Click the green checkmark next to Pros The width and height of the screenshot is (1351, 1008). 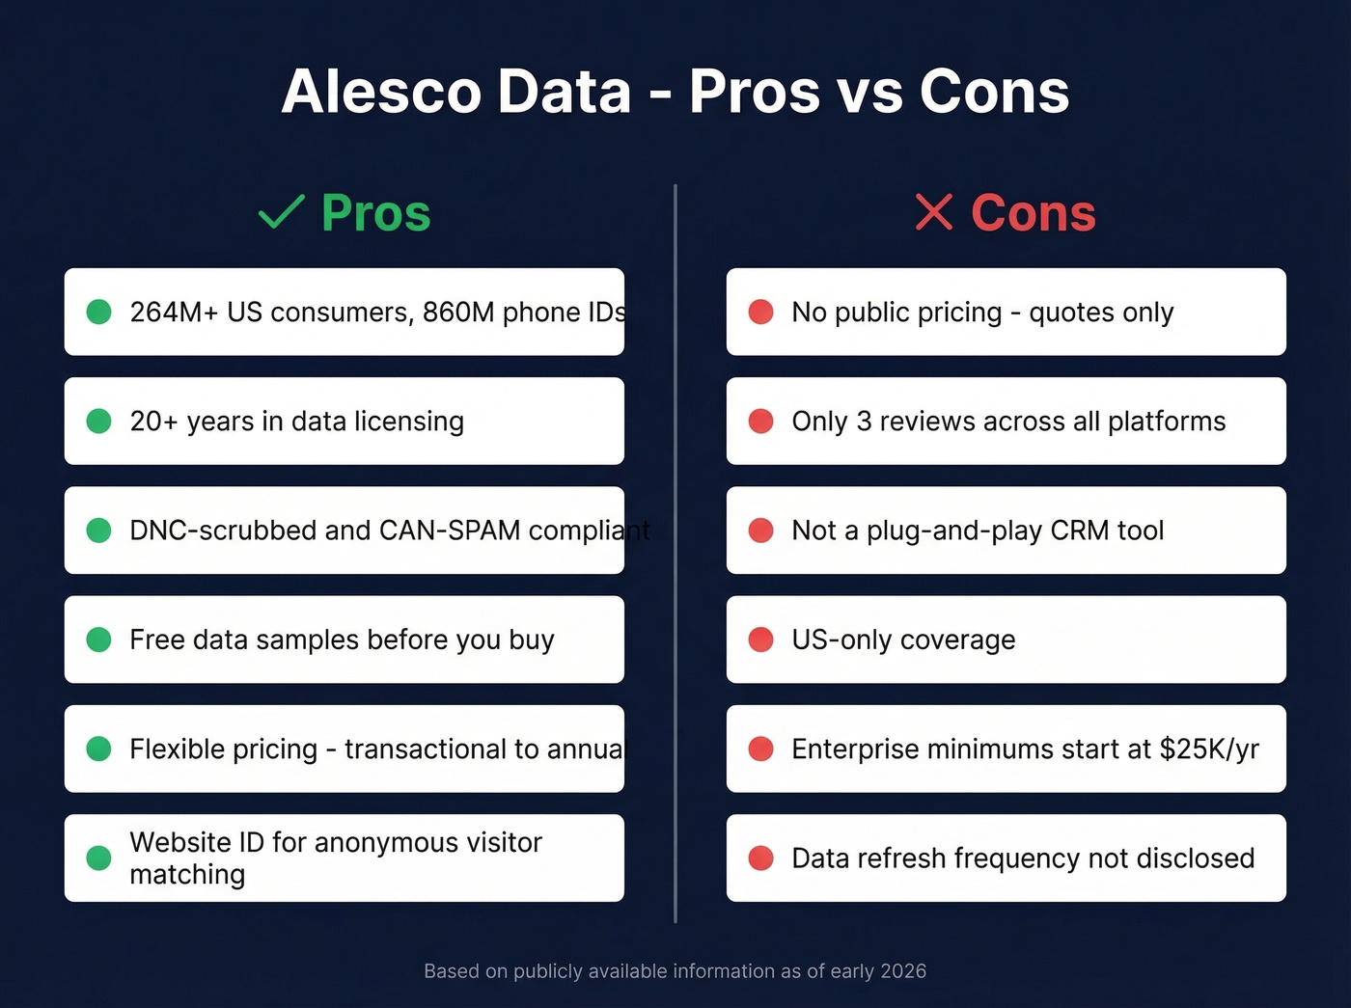pos(281,211)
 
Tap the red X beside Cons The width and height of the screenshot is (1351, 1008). pos(933,212)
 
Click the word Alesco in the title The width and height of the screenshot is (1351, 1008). pos(381,92)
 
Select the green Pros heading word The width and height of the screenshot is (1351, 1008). pos(375,213)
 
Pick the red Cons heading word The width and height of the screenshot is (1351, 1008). pos(1033,213)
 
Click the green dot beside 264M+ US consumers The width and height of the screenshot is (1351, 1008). pos(98,312)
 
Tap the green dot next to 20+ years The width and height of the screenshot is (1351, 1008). pos(98,421)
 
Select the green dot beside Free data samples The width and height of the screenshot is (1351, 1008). pos(98,640)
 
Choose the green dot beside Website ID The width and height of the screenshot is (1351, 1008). pos(98,858)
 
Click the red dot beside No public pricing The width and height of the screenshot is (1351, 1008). pos(760,312)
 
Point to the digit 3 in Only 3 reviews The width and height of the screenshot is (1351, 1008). pos(864,422)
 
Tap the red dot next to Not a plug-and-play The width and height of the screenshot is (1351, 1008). pos(760,531)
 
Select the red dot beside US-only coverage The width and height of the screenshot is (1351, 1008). pos(760,640)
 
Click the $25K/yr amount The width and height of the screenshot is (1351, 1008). pos(1209,749)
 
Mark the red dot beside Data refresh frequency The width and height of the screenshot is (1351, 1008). pos(760,858)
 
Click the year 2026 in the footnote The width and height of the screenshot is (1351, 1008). pos(904,971)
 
